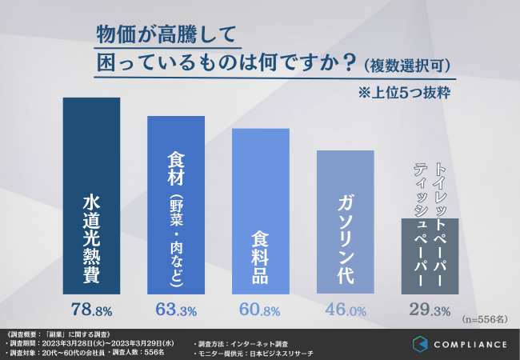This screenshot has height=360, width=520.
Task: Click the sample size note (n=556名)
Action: pos(485,319)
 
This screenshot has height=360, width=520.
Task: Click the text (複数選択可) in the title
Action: pos(409,63)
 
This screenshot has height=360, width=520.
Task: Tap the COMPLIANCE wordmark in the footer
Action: pos(473,345)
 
